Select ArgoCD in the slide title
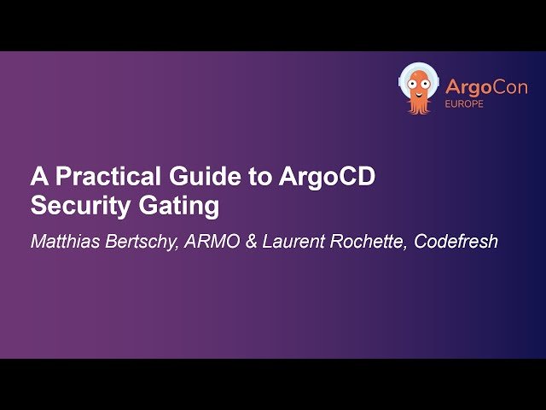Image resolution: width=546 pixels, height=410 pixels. [328, 178]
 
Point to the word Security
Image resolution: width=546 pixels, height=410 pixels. [73, 206]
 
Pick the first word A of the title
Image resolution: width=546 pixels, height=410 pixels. [38, 178]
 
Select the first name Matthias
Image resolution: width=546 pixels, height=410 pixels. [65, 241]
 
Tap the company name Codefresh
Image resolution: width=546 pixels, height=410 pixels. [456, 241]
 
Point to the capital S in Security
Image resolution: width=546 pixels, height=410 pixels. [38, 206]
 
